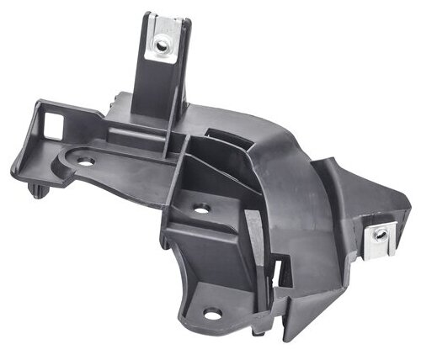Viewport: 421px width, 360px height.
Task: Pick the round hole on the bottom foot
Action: click(212, 314)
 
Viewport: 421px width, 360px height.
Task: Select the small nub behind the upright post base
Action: click(113, 103)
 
